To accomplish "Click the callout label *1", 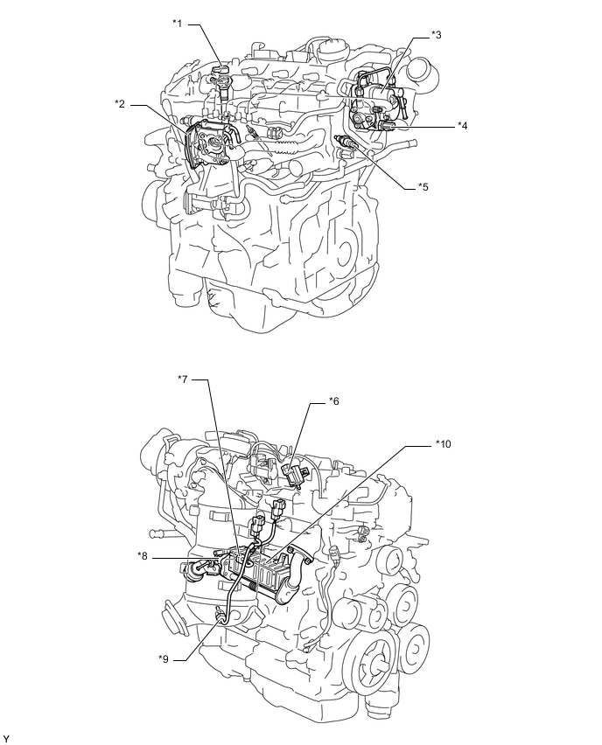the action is click(x=177, y=24).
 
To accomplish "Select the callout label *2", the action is click(x=119, y=103).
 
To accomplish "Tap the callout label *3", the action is click(x=436, y=35).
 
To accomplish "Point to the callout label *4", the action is click(x=462, y=125).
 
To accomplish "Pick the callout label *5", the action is click(x=423, y=187).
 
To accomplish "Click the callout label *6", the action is click(x=333, y=401).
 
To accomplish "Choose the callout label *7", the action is click(x=183, y=379).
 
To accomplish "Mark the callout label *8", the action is click(x=142, y=555).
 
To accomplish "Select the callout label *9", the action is click(x=163, y=659).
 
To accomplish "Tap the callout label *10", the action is click(x=443, y=444).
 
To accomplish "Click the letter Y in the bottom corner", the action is click(x=6, y=738).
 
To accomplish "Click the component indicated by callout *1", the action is click(x=222, y=84).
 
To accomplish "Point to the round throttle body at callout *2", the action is click(x=212, y=144).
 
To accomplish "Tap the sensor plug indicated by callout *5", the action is click(x=346, y=142).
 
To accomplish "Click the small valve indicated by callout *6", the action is click(x=294, y=474).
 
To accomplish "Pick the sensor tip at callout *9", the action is click(x=221, y=615).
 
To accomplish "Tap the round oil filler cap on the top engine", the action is click(x=332, y=48).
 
